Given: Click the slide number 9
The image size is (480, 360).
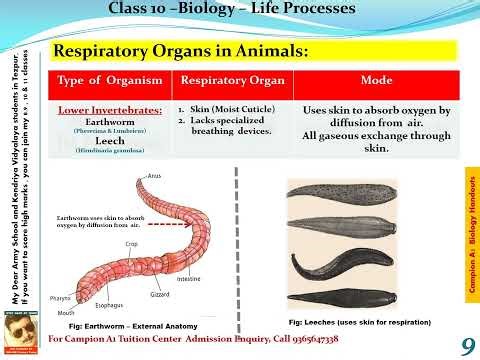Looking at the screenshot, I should click(467, 346).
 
